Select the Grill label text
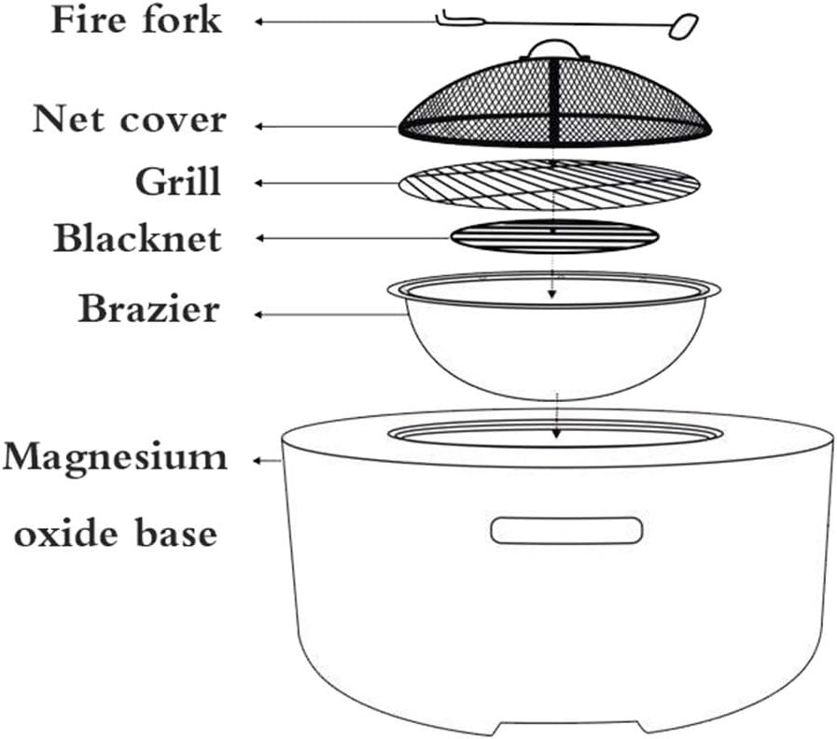tap(177, 179)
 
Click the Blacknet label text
tap(137, 238)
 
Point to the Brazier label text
tap(148, 308)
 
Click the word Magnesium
tap(115, 458)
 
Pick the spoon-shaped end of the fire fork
tap(683, 26)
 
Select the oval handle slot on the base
tap(565, 530)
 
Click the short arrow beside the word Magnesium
tap(272, 459)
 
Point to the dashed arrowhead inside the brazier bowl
tap(551, 293)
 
